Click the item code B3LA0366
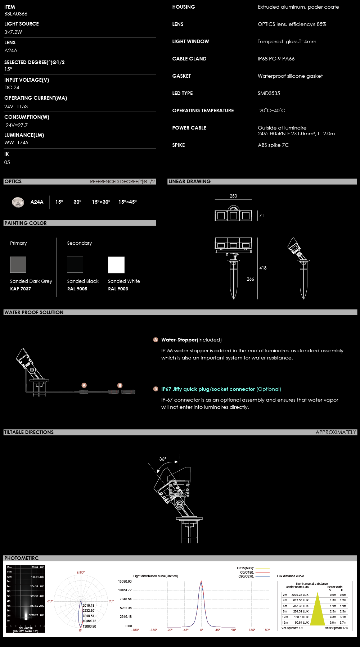pos(16,14)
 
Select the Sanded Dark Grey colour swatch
pos(18,264)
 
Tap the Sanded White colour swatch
pos(116,265)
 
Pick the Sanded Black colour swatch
pos(75,264)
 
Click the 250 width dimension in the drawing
pos(233,196)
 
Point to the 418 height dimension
pos(263,268)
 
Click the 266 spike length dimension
pos(250,279)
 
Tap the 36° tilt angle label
pos(163,459)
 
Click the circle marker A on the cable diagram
pos(84,385)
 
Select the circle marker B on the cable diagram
pos(120,385)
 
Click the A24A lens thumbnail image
pos(18,202)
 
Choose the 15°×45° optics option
pos(127,202)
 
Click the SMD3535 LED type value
pos(269,93)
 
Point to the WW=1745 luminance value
pos(16,142)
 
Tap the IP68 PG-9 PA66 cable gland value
pos(276,59)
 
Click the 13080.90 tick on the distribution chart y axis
pos(125,582)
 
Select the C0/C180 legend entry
pos(247,572)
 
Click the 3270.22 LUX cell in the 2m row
pos(300,595)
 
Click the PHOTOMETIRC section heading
pos(22,558)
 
